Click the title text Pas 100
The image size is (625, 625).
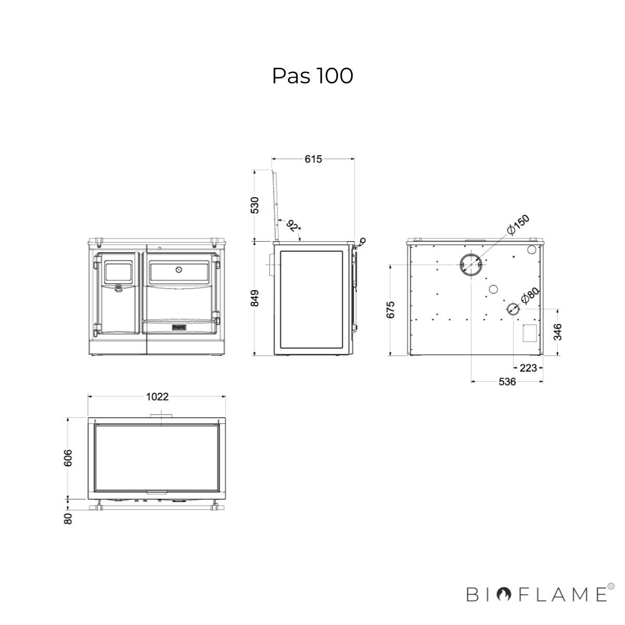pyautogui.click(x=312, y=76)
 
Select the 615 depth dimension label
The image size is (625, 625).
pyautogui.click(x=313, y=159)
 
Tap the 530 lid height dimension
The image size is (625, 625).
pyautogui.click(x=255, y=205)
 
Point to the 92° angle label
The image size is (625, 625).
pyautogui.click(x=294, y=226)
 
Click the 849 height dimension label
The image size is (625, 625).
pyautogui.click(x=255, y=298)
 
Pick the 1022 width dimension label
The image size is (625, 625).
pyautogui.click(x=157, y=397)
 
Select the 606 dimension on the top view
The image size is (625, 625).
pyautogui.click(x=68, y=458)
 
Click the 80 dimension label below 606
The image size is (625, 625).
pyautogui.click(x=68, y=519)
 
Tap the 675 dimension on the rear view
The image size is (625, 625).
pyautogui.click(x=391, y=310)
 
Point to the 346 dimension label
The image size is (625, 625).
pyautogui.click(x=557, y=332)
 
